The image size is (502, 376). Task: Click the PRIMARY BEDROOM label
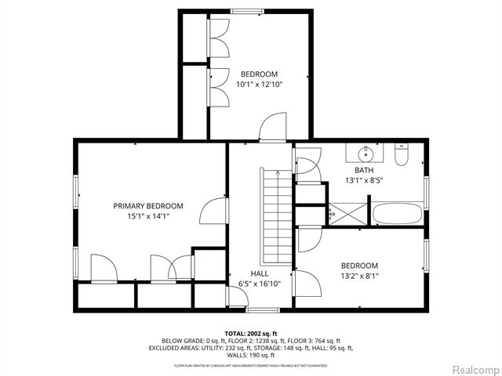[x=148, y=206]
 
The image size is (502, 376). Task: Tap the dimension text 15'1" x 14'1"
[x=148, y=216]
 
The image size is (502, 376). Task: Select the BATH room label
[x=364, y=170]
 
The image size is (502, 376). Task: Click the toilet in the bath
[x=401, y=157]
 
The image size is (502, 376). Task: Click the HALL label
[x=260, y=273]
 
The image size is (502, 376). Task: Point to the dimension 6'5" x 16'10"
[x=260, y=284]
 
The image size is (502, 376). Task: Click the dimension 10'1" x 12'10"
[x=260, y=84]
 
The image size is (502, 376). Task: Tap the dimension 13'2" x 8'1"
[x=359, y=276]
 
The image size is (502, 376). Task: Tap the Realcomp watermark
[x=473, y=369]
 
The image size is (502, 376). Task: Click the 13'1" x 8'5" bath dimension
[x=364, y=180]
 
